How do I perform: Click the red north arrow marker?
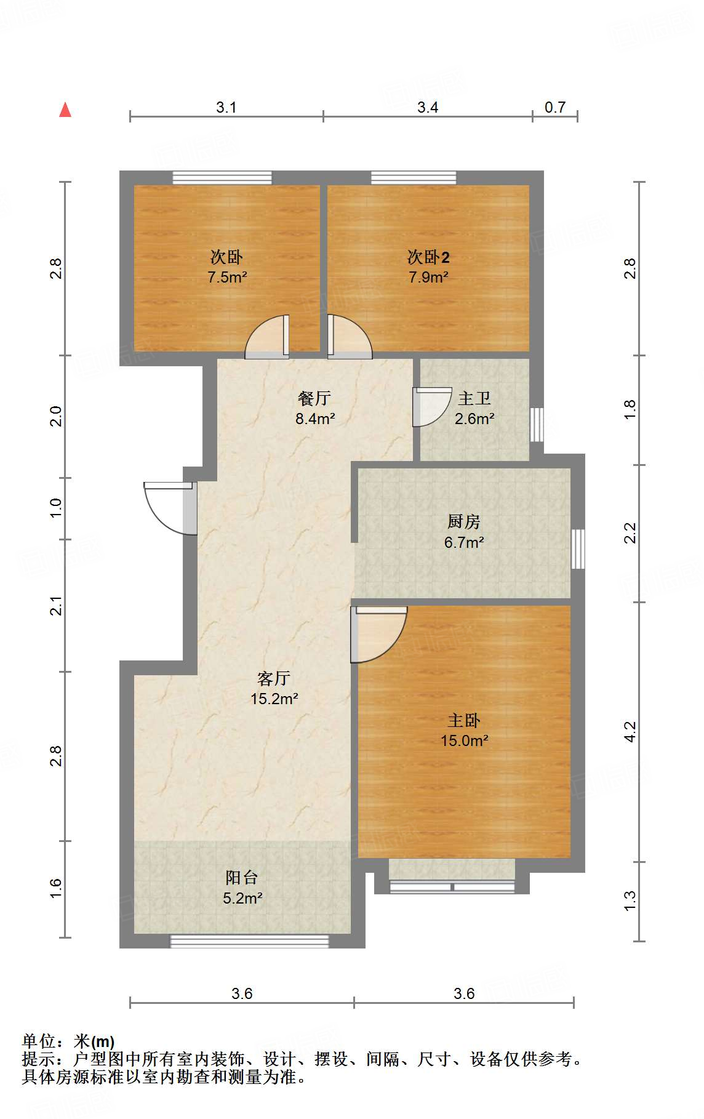point(65,110)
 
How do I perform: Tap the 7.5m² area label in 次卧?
point(227,277)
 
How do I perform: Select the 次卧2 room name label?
point(428,257)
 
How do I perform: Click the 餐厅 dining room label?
point(314,398)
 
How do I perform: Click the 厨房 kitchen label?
point(463,522)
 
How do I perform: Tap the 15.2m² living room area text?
point(274,699)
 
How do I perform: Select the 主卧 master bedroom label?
point(464,720)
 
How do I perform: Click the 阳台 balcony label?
point(242,878)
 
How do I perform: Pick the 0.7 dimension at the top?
point(555,108)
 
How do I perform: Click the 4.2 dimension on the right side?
point(630,732)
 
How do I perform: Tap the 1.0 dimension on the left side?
point(56,508)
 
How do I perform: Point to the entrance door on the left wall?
point(170,508)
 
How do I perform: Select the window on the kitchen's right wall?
point(578,549)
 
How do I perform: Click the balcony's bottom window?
point(249,941)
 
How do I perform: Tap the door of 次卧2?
point(350,337)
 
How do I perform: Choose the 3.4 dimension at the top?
point(428,108)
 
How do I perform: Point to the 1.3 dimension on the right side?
point(630,901)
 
